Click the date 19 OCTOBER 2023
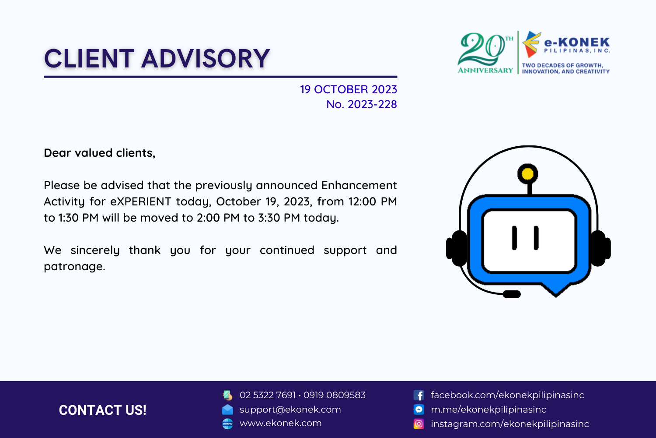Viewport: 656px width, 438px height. click(348, 89)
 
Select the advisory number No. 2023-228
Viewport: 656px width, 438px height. click(361, 104)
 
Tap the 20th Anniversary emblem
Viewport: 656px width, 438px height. click(485, 53)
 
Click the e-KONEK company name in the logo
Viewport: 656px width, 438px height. click(577, 42)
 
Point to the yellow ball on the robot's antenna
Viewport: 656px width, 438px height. click(528, 174)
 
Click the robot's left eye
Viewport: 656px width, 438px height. click(514, 238)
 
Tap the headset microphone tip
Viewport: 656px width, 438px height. click(512, 294)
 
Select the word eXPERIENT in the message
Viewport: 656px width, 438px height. click(140, 201)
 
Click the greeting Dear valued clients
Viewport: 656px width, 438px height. click(99, 153)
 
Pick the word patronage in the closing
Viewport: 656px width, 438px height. click(74, 267)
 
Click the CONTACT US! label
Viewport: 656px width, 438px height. click(102, 410)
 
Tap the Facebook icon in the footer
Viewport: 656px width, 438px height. click(419, 395)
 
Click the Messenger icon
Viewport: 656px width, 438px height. click(419, 409)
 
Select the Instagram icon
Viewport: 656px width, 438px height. click(419, 424)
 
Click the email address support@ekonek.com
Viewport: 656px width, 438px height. click(290, 410)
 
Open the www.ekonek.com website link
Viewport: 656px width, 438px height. click(281, 423)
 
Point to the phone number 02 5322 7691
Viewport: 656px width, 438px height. click(268, 395)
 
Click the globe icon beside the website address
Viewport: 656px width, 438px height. click(227, 424)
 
